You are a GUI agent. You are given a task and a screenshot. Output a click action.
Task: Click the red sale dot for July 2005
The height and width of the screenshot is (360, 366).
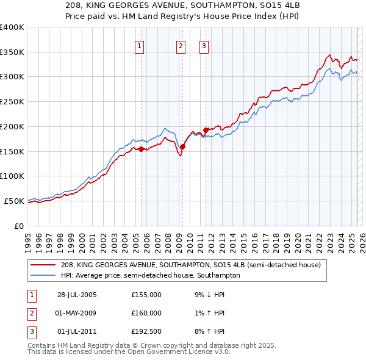coord(141,149)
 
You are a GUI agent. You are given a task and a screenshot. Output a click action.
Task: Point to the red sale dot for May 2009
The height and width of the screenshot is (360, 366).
coord(182,146)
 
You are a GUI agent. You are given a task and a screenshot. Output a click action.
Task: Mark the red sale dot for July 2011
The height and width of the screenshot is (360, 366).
coord(206,130)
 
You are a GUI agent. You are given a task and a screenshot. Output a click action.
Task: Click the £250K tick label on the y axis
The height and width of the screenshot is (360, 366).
coord(12,101)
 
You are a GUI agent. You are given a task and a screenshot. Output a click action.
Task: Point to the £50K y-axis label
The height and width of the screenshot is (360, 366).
coord(15,201)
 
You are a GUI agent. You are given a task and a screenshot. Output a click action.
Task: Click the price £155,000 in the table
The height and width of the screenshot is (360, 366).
coord(146,295)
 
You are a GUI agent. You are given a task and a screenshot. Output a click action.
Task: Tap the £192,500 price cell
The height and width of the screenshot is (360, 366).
coord(146,331)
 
